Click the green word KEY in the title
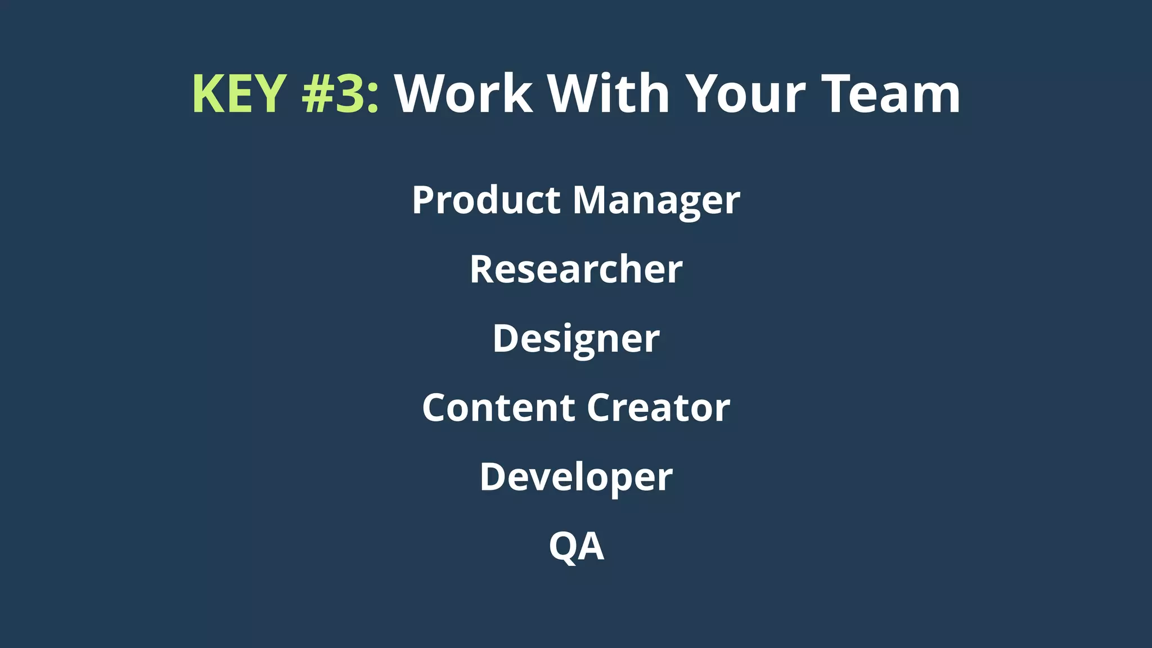(240, 94)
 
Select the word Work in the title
(463, 94)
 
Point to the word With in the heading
(609, 94)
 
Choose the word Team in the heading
(891, 94)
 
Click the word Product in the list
(486, 200)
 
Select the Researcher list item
(576, 269)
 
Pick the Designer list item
(576, 339)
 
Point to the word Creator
(659, 407)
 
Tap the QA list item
(576, 546)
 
